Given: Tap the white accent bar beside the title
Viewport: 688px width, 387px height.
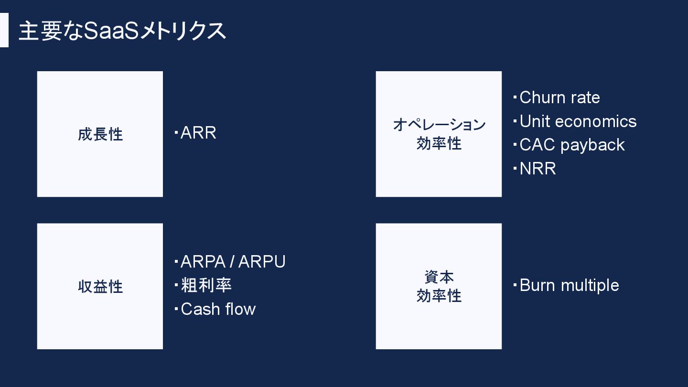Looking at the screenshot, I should pos(4,30).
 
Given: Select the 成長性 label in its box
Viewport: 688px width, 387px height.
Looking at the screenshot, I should pos(100,134).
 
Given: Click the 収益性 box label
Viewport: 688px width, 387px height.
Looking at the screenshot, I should pos(100,287).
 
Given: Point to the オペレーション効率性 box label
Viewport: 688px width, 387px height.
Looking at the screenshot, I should pos(439,134).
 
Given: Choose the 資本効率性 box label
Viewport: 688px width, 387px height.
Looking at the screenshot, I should pos(439,286).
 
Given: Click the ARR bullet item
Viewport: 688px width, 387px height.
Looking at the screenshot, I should pos(198,133).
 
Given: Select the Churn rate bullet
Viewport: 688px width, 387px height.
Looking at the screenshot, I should pos(559,97).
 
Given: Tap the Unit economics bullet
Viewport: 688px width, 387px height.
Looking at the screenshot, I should pos(578,121).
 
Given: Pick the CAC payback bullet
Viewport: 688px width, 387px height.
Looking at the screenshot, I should pos(572,145).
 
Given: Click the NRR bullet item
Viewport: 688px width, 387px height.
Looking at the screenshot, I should pos(537,169).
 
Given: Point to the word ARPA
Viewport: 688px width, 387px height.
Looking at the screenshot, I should pos(203,262).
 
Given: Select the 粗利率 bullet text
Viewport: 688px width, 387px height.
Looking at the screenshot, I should pos(206,285).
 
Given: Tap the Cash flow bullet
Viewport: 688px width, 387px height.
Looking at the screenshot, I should pos(218,309).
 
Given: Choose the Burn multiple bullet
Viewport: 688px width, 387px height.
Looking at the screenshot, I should pos(569,285).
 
